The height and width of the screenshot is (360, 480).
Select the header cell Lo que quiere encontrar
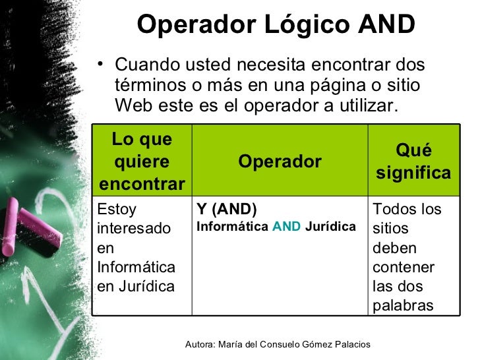pyautogui.click(x=142, y=162)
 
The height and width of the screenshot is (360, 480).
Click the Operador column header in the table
pyautogui.click(x=280, y=162)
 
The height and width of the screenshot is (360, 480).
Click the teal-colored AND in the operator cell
pyautogui.click(x=286, y=227)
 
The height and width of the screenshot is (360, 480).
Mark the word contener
pyautogui.click(x=404, y=268)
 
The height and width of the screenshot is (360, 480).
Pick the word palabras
pyautogui.click(x=403, y=306)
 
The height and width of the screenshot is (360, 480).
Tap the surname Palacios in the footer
pyautogui.click(x=350, y=345)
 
